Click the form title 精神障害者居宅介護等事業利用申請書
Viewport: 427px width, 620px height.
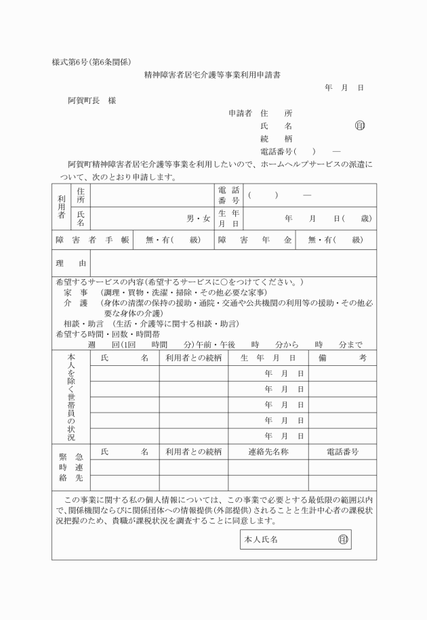212,75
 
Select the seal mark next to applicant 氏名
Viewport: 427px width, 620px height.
360,126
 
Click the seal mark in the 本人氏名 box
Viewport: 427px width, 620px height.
342,539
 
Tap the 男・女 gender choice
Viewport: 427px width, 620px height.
199,219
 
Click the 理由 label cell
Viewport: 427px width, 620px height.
70,264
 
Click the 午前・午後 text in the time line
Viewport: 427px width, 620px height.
215,344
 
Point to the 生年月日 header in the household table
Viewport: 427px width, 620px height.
268,357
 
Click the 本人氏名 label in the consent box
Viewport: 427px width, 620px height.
262,539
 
